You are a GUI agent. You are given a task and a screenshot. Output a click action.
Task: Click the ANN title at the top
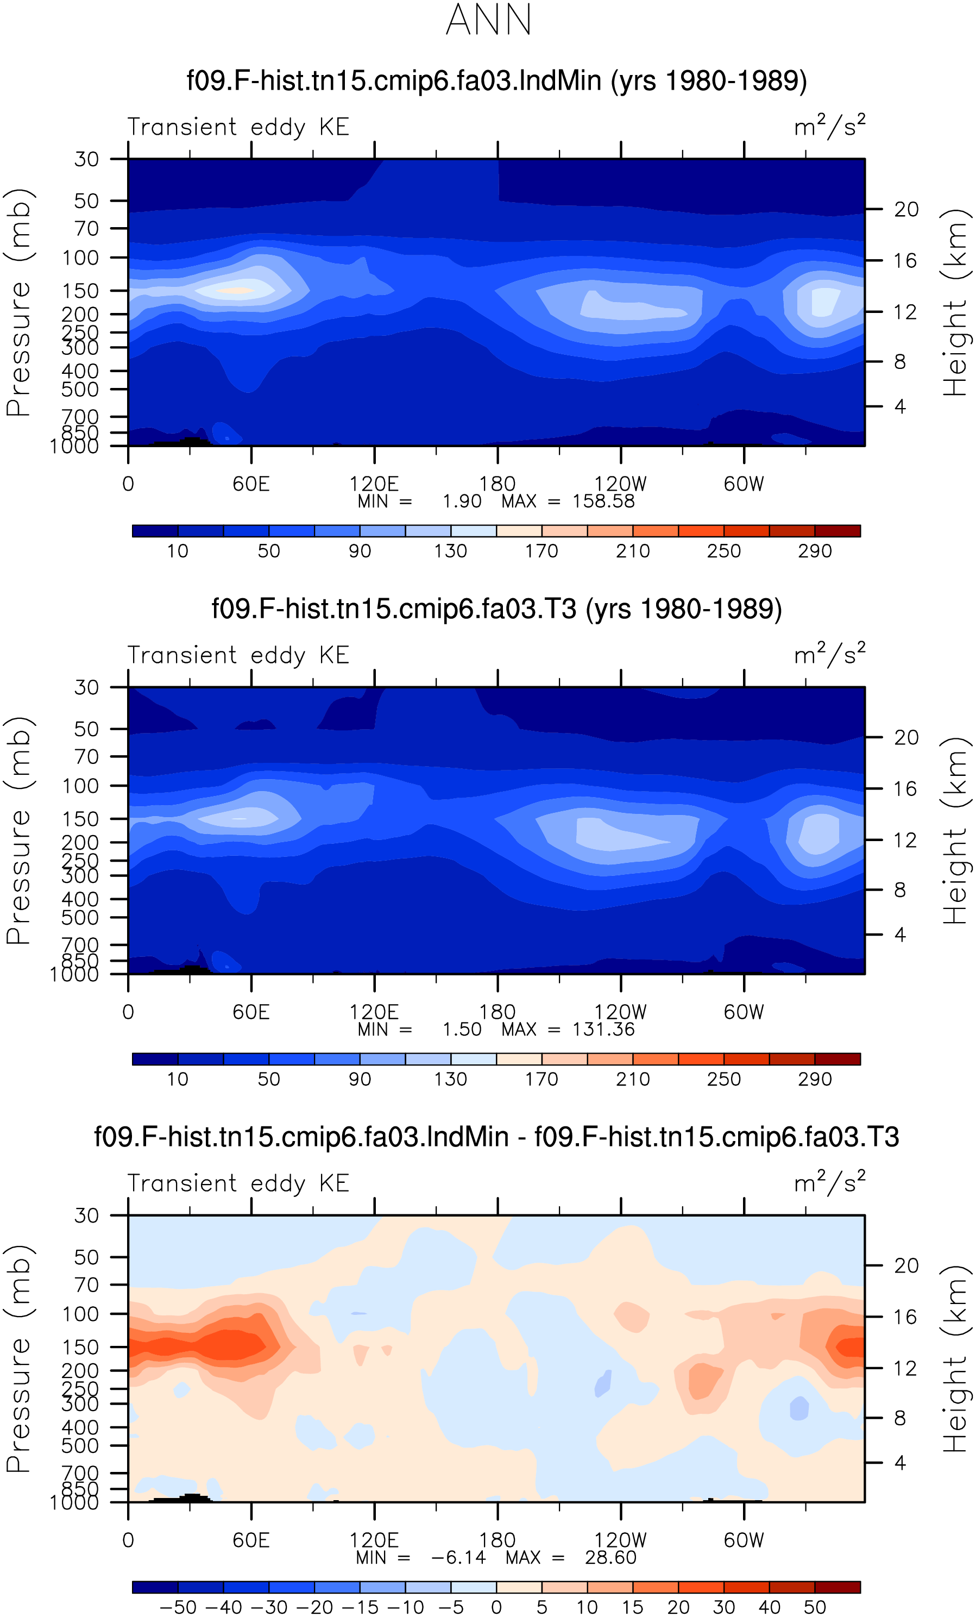point(489,20)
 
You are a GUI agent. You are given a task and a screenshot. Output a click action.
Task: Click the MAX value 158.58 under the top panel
point(603,502)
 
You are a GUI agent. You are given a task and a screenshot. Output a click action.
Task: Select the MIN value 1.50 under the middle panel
point(462,1030)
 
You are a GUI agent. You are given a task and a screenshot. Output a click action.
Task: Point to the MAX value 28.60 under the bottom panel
point(610,1558)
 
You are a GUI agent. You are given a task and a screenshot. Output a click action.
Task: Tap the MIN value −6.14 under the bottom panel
point(458,1558)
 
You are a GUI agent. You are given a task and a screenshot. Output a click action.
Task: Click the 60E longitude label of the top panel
point(251,484)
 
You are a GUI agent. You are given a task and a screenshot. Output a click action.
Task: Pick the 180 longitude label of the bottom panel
point(497,1541)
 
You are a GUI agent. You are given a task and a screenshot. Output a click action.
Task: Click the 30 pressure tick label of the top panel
point(86,159)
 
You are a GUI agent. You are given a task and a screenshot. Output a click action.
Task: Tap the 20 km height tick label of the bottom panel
point(906,1266)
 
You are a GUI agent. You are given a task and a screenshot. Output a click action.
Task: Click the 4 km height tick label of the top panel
point(900,407)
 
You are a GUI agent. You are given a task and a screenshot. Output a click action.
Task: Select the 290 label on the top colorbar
point(815,551)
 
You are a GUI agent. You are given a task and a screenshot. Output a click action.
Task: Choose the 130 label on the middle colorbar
point(451,1080)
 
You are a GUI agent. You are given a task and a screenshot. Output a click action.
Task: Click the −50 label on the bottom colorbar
point(178,1607)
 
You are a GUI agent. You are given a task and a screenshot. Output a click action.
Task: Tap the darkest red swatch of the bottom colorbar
point(838,1588)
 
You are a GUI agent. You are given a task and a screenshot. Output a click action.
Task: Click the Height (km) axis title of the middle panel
point(954,830)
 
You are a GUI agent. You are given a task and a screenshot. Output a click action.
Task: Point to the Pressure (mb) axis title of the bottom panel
point(18,1358)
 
